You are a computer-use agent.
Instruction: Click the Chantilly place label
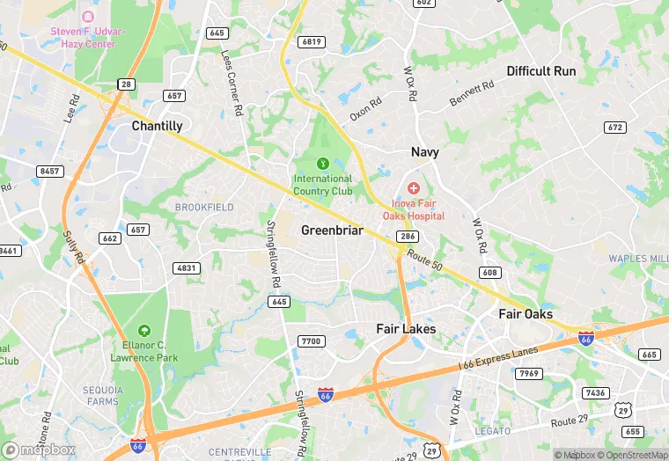(157, 126)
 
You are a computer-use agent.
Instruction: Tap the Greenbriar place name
(332, 230)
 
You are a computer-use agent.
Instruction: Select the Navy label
(424, 152)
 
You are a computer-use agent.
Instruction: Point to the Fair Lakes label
(406, 329)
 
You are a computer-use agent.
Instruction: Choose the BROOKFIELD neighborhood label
(204, 207)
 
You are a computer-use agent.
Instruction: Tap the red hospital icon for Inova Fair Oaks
(413, 188)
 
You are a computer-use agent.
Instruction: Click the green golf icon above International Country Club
(323, 163)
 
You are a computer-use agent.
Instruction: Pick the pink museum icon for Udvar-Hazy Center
(87, 16)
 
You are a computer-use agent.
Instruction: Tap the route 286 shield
(407, 237)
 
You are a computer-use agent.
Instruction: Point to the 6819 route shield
(312, 41)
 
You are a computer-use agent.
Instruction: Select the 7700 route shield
(312, 341)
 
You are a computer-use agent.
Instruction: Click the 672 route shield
(615, 128)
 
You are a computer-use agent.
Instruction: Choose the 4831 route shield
(187, 267)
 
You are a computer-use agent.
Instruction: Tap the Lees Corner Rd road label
(232, 84)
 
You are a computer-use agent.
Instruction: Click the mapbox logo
(39, 450)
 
